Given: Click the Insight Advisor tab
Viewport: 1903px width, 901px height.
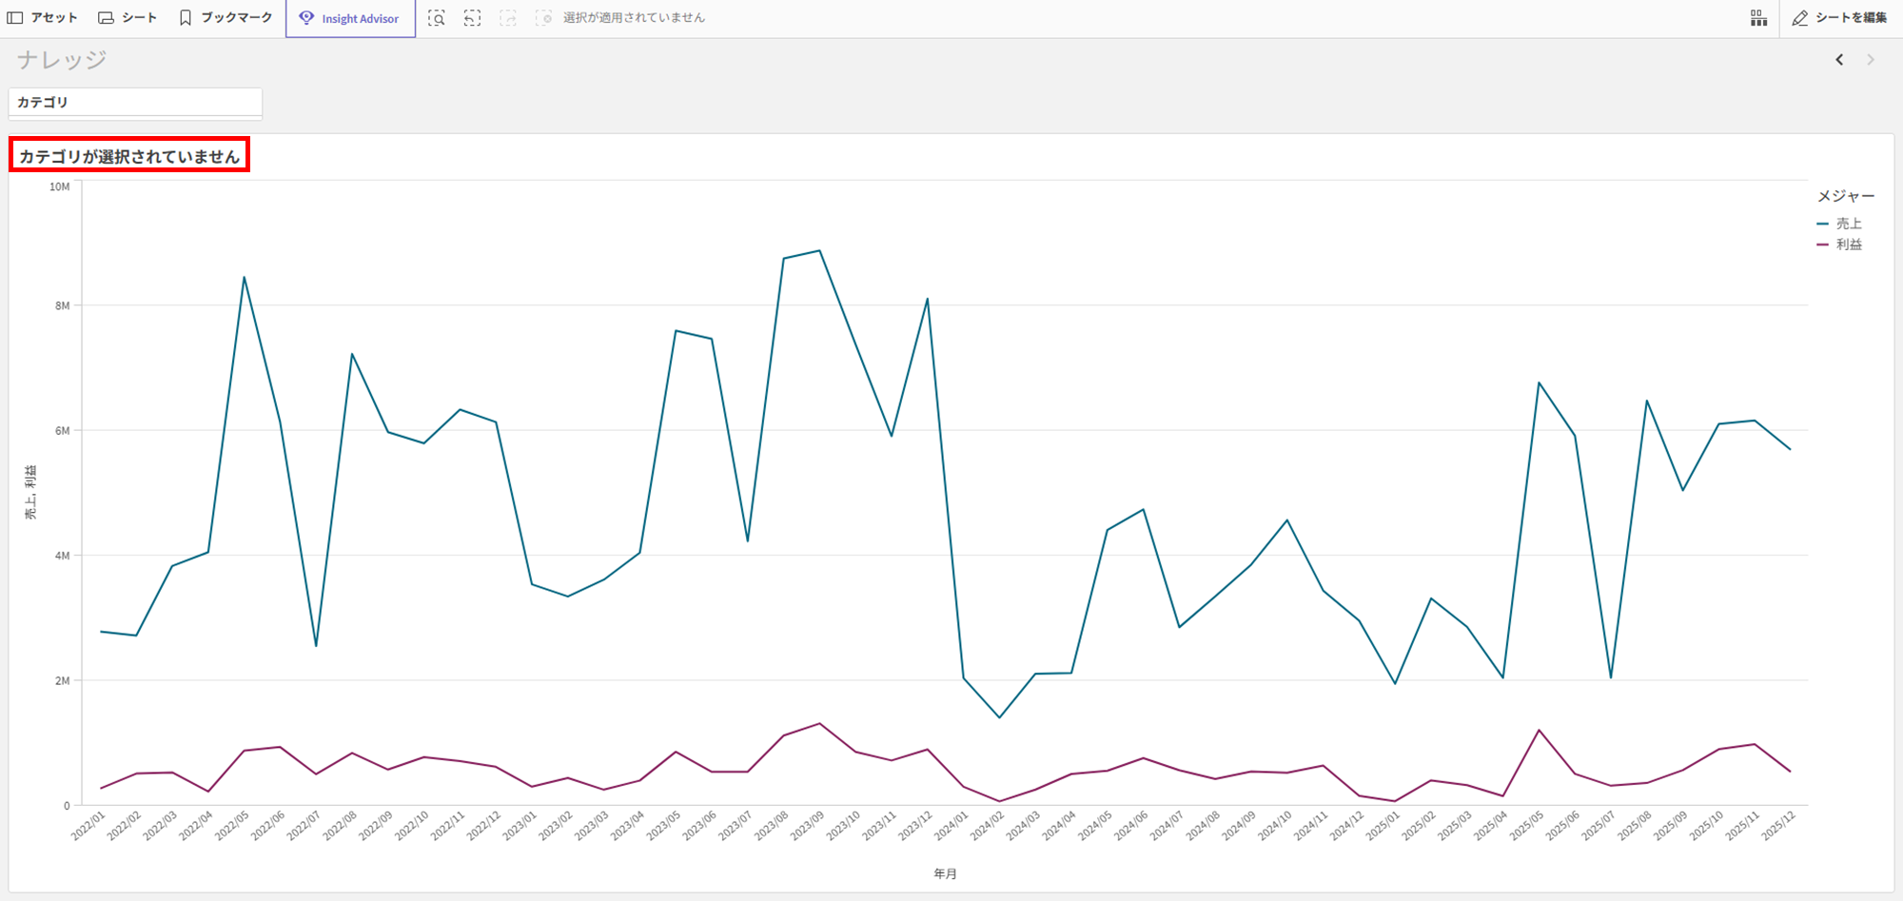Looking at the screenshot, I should [x=350, y=18].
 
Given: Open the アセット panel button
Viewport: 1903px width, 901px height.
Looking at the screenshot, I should [x=43, y=18].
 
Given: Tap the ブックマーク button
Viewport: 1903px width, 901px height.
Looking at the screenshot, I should [x=226, y=18].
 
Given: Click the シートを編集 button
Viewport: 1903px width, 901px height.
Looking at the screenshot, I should [x=1839, y=18].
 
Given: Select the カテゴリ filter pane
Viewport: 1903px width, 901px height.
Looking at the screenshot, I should [x=135, y=103].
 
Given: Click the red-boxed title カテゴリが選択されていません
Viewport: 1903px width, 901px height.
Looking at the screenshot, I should [x=129, y=156].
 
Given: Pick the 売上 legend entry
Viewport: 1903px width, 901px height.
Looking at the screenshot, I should [x=1848, y=224].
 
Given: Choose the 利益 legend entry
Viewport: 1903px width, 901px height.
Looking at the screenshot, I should [x=1848, y=245].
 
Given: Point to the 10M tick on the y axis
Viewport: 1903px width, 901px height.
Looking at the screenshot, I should [x=59, y=187].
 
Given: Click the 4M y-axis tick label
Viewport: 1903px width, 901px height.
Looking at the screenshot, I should [x=62, y=556].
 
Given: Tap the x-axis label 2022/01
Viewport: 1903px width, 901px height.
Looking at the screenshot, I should [x=88, y=825].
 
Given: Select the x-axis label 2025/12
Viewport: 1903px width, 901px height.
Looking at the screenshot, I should [x=1778, y=825].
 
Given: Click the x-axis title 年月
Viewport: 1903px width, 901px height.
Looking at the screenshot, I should [x=945, y=873].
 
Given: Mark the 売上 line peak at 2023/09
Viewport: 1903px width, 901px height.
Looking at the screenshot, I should [x=819, y=251].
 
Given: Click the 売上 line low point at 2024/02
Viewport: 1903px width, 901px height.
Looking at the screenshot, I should [x=999, y=717].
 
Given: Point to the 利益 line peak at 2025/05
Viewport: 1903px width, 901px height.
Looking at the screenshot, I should [x=1539, y=731].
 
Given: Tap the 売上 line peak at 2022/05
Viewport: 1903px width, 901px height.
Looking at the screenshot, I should [x=244, y=278].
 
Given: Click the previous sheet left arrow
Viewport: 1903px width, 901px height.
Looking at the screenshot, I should [x=1839, y=60].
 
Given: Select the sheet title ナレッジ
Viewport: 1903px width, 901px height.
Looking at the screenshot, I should [x=62, y=60].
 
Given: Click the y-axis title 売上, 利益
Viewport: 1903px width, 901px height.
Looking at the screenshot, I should [x=30, y=492].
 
